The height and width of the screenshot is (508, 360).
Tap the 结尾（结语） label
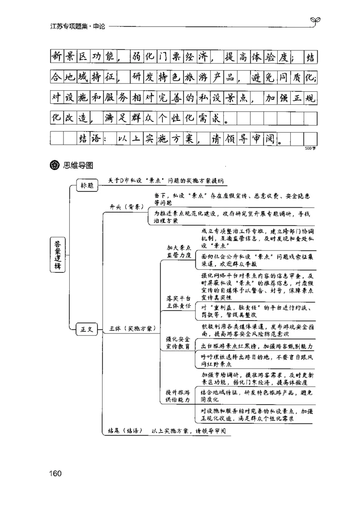pyautogui.click(x=126, y=430)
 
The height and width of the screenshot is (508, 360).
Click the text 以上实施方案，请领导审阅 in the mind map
pyautogui.click(x=189, y=430)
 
